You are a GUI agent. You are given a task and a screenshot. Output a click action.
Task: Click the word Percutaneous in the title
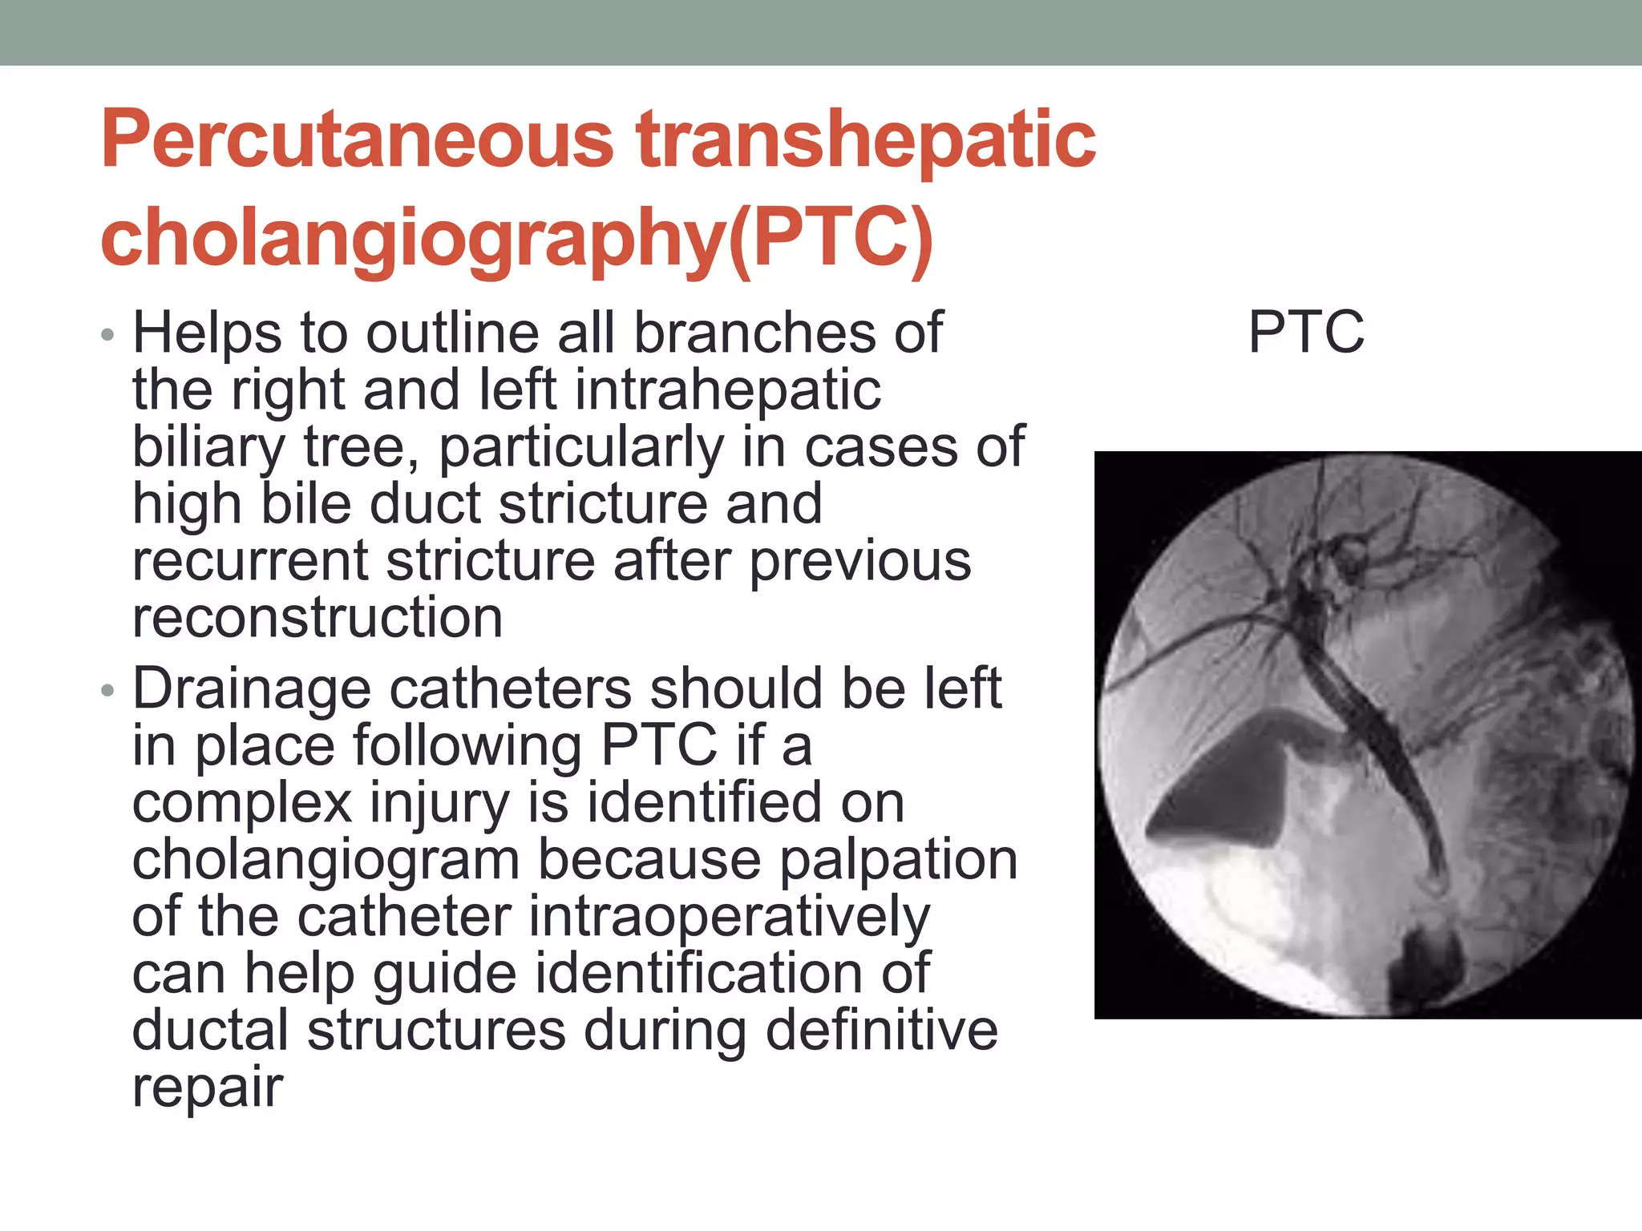point(357,140)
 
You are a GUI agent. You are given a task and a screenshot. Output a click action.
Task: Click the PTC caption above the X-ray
point(1306,332)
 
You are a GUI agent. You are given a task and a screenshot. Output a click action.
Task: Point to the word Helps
point(207,332)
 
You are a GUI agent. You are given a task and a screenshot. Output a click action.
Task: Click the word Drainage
point(252,689)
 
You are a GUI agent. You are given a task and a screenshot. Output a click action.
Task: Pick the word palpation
point(898,859)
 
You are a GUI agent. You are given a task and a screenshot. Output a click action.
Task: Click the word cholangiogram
point(326,859)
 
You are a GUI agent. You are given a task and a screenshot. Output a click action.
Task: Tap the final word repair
point(208,1088)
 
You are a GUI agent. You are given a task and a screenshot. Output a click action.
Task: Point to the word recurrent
point(250,560)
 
